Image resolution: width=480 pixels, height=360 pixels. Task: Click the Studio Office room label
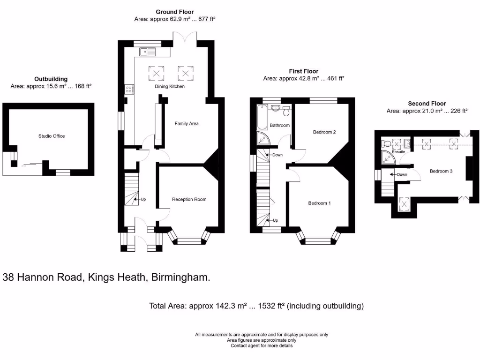(52, 136)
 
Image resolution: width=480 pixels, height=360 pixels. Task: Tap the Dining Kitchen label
(170, 87)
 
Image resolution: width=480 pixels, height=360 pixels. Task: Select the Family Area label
(187, 124)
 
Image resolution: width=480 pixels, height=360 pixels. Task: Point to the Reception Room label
(189, 199)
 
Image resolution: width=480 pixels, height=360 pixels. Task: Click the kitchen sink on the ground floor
(148, 52)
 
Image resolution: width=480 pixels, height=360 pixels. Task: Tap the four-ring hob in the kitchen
(129, 90)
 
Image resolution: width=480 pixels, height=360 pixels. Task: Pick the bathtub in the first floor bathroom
(262, 117)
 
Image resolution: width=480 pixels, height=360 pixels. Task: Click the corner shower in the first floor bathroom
(263, 138)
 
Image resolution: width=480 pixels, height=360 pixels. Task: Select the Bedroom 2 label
(324, 132)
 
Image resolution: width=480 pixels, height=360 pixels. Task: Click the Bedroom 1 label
(319, 203)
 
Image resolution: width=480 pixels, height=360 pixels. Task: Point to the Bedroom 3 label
(441, 171)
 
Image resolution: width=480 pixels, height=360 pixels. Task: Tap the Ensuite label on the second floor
(398, 152)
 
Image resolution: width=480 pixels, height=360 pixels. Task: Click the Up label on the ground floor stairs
(143, 199)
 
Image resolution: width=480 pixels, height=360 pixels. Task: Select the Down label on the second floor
(402, 174)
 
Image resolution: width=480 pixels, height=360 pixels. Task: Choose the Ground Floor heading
(175, 12)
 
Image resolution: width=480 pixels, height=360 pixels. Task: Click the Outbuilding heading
(51, 79)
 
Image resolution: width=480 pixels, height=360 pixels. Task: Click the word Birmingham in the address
(180, 277)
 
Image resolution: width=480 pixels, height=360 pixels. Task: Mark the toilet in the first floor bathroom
(286, 111)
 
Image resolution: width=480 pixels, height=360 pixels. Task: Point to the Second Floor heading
(427, 104)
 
